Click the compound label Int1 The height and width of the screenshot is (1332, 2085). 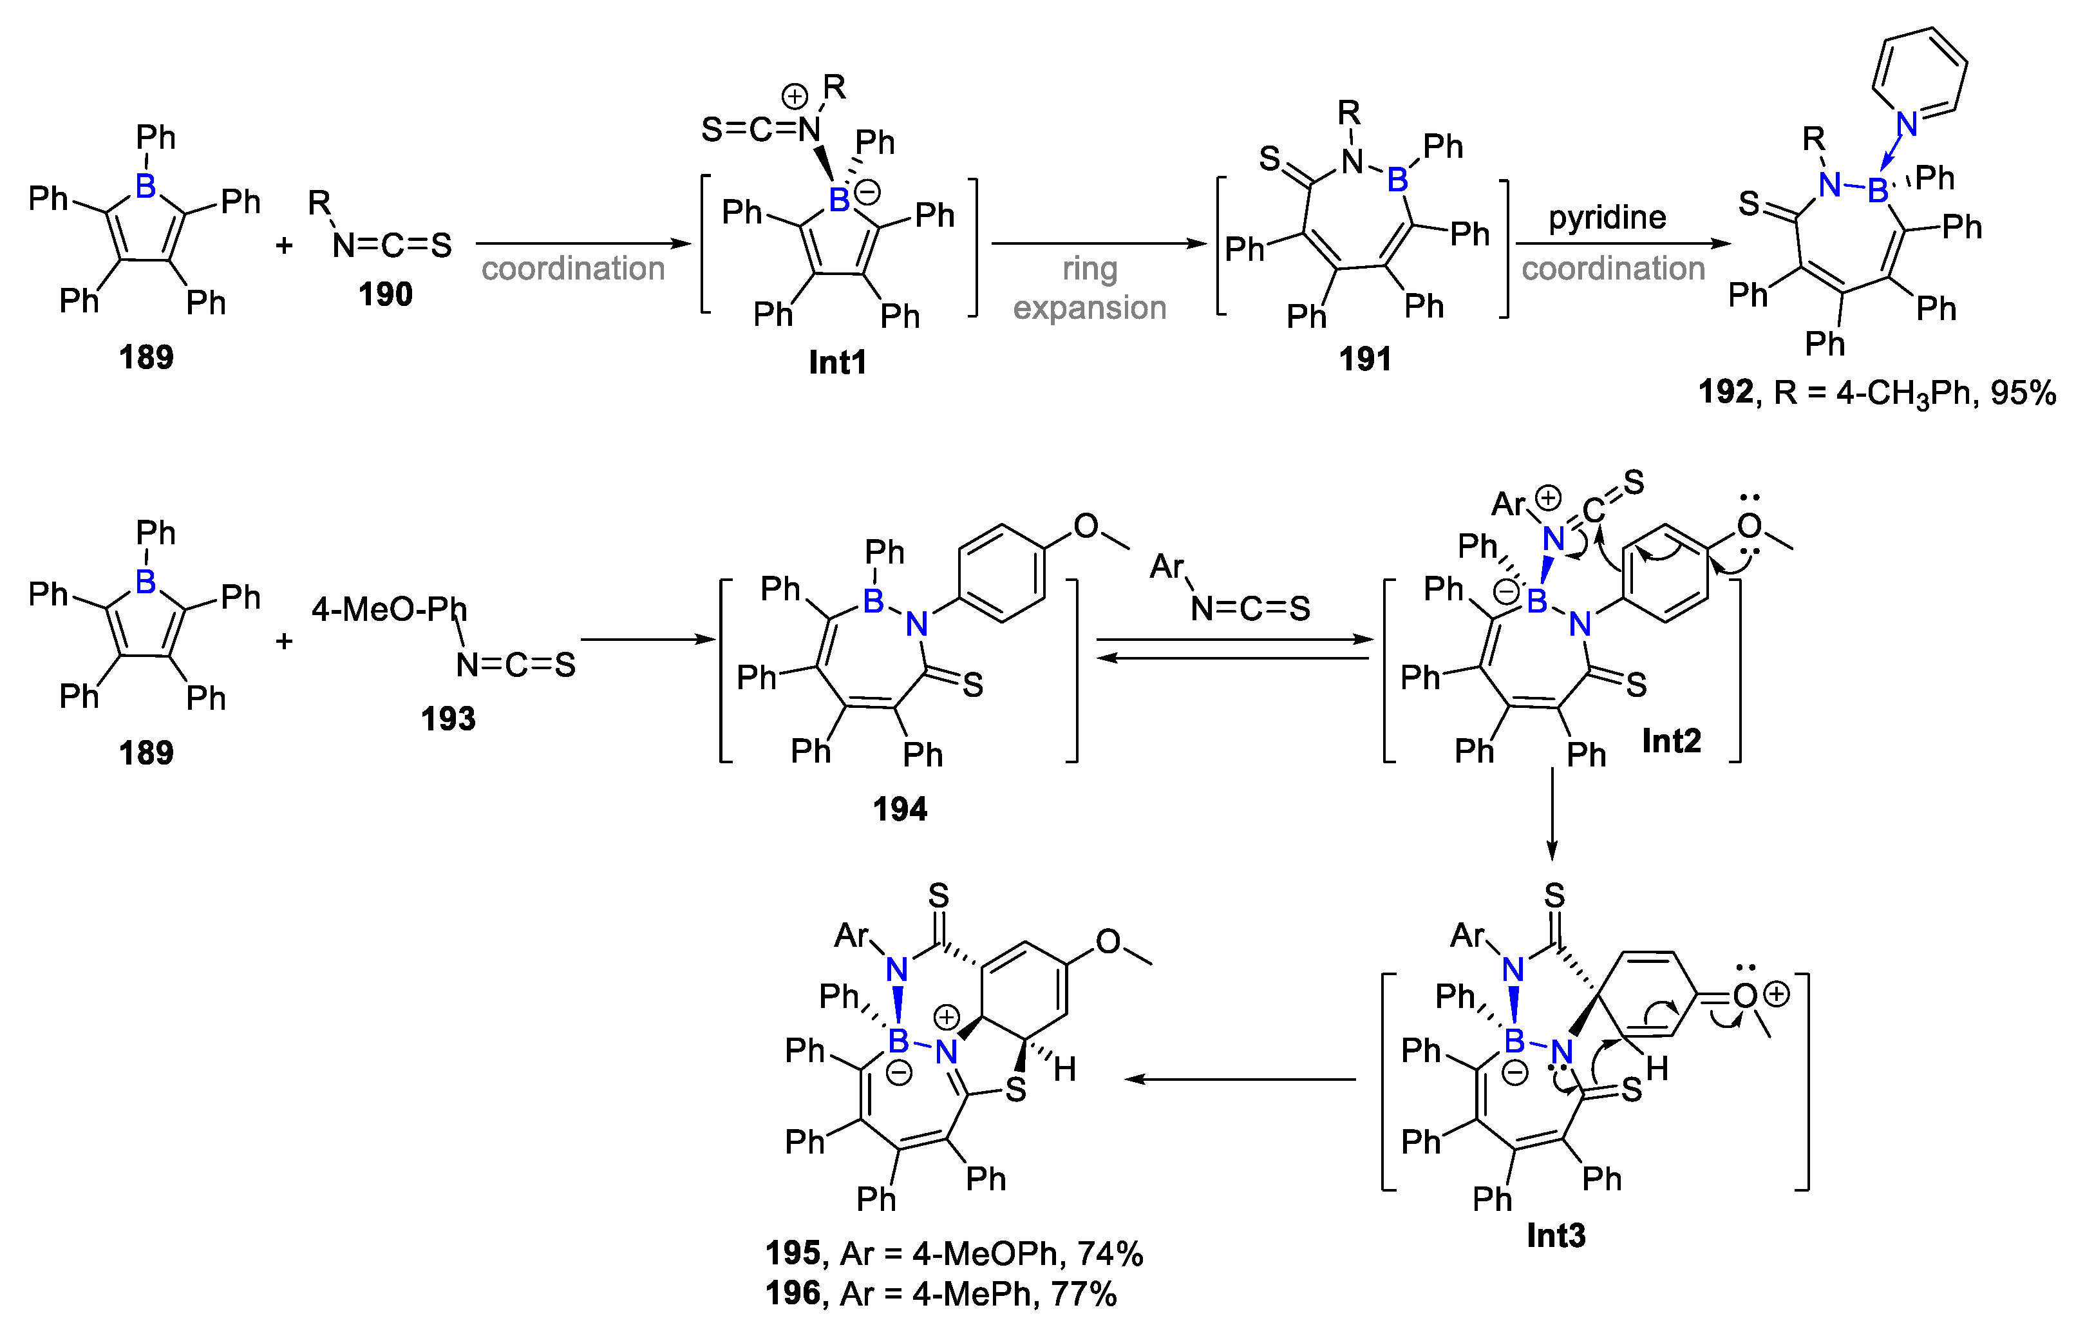(x=837, y=362)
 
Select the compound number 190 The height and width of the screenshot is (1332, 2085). (x=385, y=294)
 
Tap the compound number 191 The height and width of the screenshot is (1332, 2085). (x=1366, y=359)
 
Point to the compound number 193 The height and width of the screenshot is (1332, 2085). (x=448, y=718)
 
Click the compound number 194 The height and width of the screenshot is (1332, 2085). (x=900, y=809)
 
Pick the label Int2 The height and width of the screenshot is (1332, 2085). (x=1671, y=741)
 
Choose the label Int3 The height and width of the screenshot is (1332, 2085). (x=1556, y=1235)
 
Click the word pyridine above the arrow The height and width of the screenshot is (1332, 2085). (x=1607, y=216)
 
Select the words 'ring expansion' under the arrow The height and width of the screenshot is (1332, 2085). (x=1090, y=289)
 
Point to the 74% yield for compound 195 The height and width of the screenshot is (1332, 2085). (x=1110, y=1253)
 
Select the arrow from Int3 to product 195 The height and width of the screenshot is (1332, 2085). (x=1240, y=1079)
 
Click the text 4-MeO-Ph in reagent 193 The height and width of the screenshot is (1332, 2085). (x=389, y=610)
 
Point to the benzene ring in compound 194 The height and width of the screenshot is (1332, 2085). (x=1002, y=573)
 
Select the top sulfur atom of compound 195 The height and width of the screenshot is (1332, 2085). (x=939, y=895)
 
